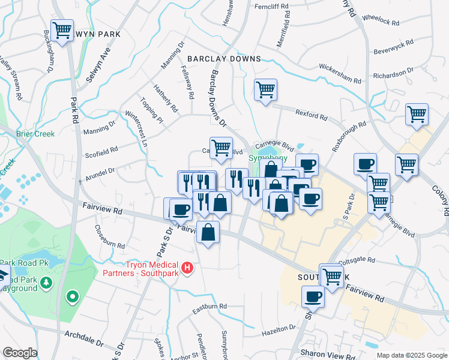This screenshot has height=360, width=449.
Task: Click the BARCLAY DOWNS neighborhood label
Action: pos(224,59)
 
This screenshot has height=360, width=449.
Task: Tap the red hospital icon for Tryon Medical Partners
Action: pos(187,267)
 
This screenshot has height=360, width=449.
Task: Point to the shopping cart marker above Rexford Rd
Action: pos(265,90)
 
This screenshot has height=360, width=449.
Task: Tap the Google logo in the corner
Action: pos(20,353)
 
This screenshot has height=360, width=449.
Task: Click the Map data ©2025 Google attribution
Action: pos(411,355)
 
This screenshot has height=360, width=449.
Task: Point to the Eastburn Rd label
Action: pos(209,307)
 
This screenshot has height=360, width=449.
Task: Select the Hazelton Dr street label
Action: pos(277,332)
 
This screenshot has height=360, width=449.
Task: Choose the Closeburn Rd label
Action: pos(109,237)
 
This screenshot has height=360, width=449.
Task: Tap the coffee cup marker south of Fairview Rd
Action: pos(313,296)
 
